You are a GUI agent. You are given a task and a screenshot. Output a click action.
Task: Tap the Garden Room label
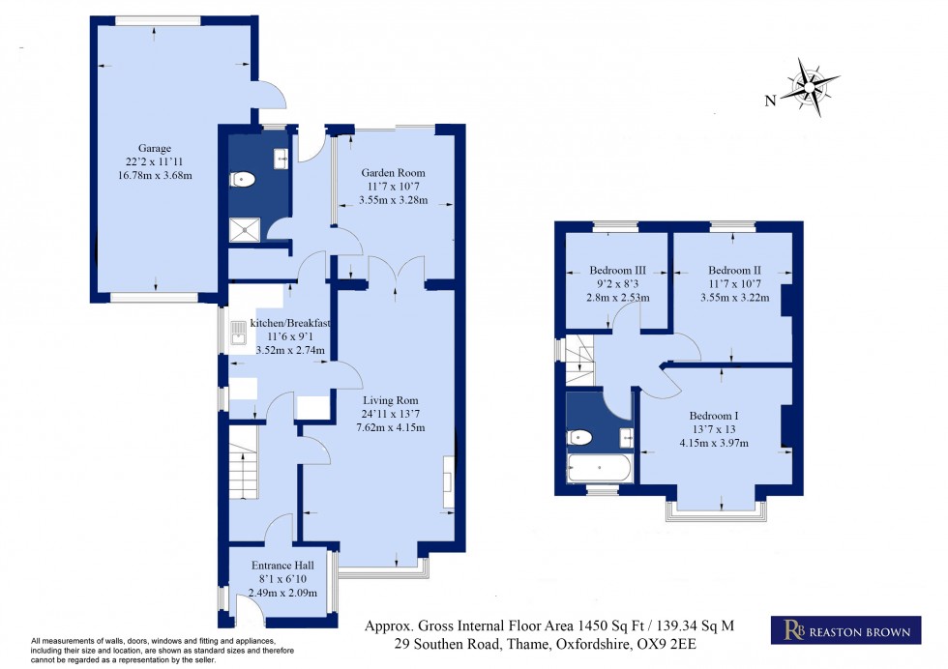click(392, 173)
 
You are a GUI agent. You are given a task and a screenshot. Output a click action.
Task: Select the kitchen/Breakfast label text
click(291, 322)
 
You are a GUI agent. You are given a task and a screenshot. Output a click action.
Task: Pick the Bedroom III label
click(619, 270)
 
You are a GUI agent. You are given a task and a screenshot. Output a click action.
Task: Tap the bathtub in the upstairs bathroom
click(599, 468)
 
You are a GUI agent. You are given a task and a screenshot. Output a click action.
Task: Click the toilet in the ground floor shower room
click(242, 180)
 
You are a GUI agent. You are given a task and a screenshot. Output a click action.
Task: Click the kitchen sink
click(239, 334)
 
